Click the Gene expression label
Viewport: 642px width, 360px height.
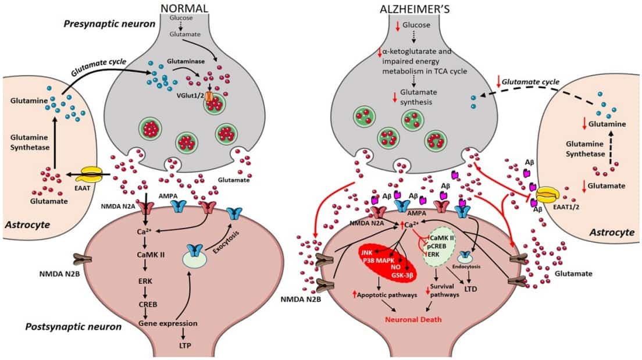tap(165, 323)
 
